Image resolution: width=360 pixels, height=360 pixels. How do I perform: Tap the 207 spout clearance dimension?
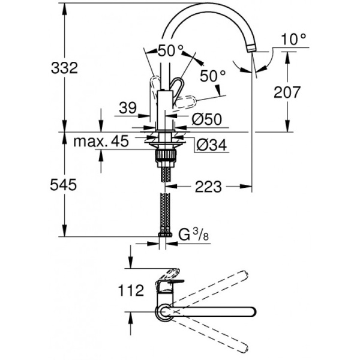tap(289, 91)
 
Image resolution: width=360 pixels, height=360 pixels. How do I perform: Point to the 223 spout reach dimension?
tap(206, 187)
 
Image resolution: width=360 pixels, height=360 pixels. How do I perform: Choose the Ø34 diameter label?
tap(211, 145)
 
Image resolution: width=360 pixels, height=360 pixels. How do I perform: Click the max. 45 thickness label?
tap(101, 142)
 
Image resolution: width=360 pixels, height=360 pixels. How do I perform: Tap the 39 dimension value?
tap(127, 108)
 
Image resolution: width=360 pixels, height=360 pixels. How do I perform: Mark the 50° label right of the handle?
tap(212, 77)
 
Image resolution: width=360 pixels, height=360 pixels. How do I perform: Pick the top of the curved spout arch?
tap(207, 7)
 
